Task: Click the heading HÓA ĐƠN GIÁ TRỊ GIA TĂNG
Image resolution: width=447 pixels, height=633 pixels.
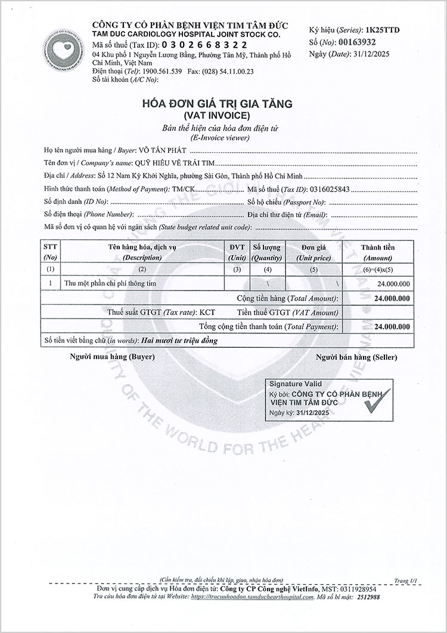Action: [216, 104]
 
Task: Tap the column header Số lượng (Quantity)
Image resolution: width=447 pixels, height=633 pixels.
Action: [266, 252]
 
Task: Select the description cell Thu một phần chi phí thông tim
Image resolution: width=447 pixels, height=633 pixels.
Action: [110, 283]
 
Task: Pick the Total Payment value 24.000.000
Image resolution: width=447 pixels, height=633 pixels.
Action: [391, 327]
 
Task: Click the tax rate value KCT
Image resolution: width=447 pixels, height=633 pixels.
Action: [207, 312]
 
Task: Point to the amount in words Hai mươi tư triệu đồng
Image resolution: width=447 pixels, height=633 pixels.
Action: [179, 341]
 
